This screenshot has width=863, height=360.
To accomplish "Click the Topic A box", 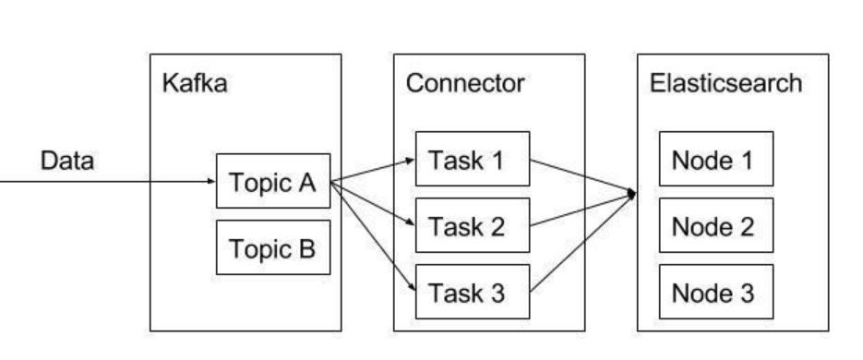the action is [273, 181].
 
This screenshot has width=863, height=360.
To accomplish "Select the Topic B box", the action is [273, 247].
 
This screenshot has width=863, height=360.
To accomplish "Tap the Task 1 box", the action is [473, 159].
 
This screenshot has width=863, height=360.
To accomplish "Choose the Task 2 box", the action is [473, 225].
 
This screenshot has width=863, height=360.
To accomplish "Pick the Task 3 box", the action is [473, 292].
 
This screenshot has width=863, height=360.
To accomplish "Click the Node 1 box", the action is [716, 159].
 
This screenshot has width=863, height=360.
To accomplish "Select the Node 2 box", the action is [716, 225].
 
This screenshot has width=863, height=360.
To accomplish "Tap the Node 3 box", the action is [716, 292].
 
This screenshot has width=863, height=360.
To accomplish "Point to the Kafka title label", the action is [195, 84].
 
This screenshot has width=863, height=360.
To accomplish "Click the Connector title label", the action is [465, 84].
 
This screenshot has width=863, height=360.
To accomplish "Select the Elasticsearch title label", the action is [726, 84].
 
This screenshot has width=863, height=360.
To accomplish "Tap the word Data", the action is [67, 161].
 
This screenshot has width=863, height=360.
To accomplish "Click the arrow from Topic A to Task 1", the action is [373, 170].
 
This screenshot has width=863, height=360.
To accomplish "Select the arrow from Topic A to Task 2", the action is [373, 203].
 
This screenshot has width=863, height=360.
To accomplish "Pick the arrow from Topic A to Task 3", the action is [373, 236].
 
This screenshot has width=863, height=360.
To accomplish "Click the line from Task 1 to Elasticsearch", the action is [583, 176].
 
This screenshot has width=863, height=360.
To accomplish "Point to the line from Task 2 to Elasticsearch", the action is [583, 210].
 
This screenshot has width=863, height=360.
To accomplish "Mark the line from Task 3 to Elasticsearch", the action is [583, 243].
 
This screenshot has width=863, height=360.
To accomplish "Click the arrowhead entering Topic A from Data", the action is [212, 181].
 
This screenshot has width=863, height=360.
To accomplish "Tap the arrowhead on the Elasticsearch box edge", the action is [632, 194].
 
